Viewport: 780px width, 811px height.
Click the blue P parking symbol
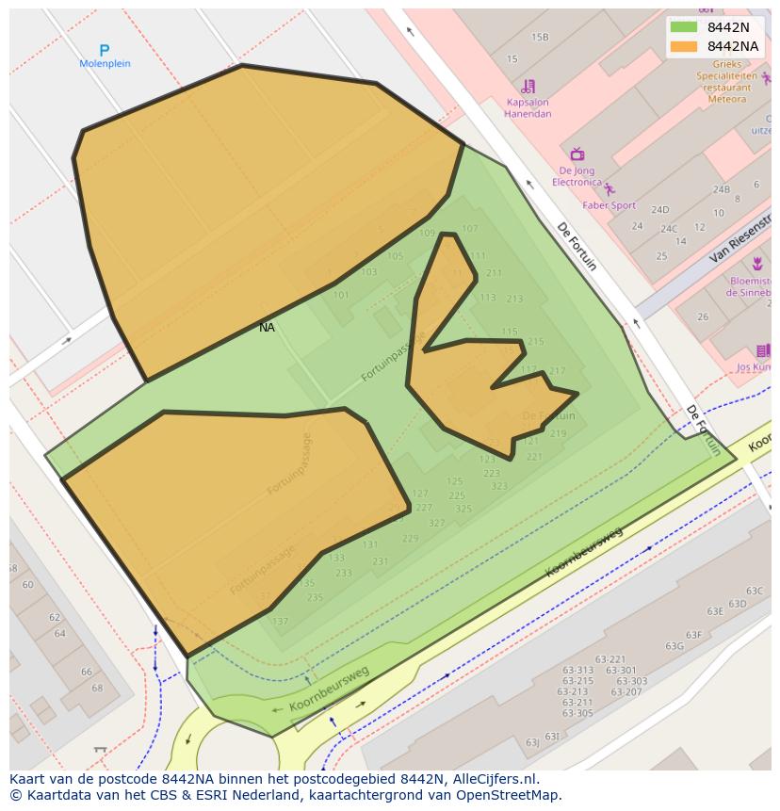click(105, 50)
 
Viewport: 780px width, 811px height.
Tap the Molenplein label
click(105, 64)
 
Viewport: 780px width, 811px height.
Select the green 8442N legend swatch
click(684, 27)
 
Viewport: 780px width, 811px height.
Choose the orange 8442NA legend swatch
click(684, 46)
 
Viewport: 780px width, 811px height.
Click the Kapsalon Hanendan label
click(528, 108)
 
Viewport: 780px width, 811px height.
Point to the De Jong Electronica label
click(577, 176)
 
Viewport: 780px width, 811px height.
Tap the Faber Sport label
click(609, 204)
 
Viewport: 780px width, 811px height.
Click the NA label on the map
click(267, 328)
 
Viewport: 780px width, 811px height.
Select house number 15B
click(540, 38)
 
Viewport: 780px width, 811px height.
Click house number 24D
click(659, 210)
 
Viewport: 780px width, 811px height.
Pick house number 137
click(280, 621)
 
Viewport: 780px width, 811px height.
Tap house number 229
click(410, 539)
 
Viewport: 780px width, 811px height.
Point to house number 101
click(341, 295)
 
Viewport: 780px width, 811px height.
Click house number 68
click(97, 688)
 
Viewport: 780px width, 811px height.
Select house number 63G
click(674, 646)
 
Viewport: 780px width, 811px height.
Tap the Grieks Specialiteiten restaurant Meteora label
click(726, 81)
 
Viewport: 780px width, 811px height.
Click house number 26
click(703, 316)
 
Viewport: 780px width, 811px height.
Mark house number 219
click(559, 434)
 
